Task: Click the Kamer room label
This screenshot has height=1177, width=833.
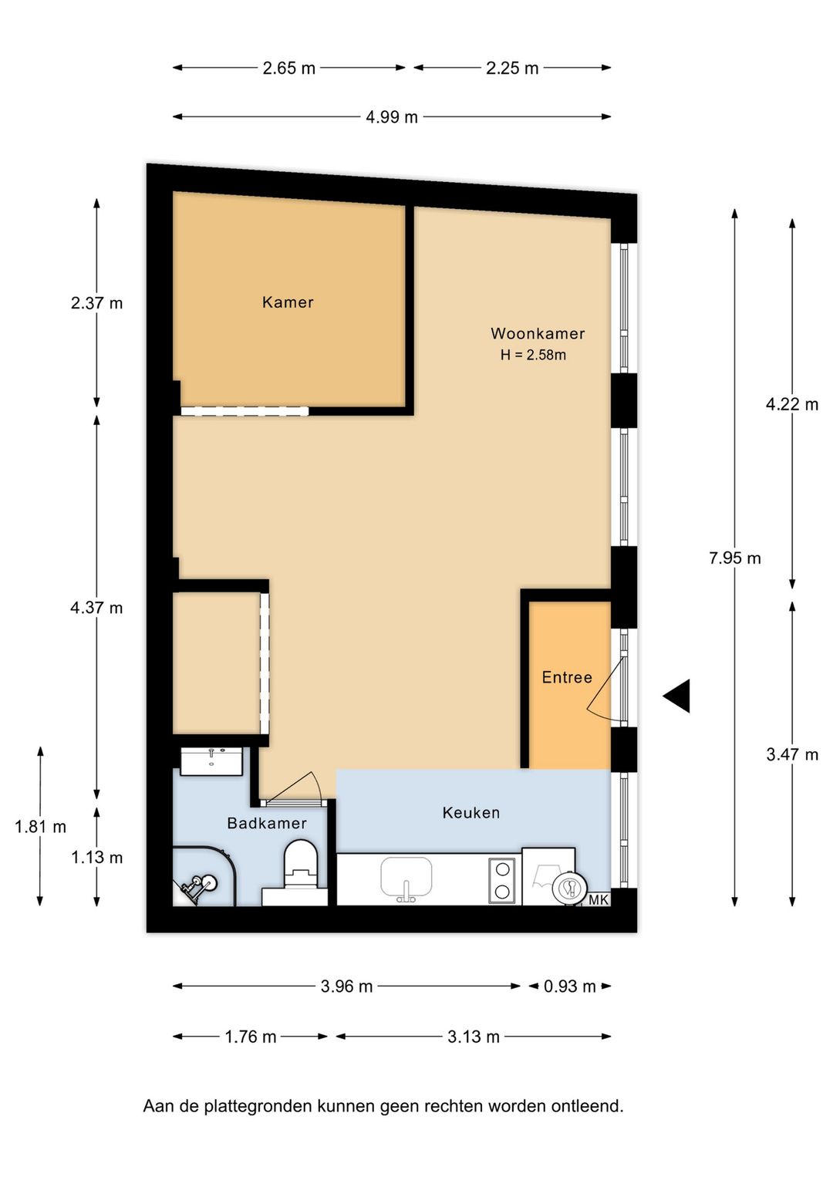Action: tap(288, 302)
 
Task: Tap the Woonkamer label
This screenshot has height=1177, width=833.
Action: tap(538, 333)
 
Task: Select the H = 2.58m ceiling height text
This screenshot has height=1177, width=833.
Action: tap(533, 355)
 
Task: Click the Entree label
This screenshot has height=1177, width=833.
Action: tap(567, 677)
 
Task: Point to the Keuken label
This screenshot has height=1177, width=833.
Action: tap(471, 813)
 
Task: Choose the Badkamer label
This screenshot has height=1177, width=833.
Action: tap(267, 823)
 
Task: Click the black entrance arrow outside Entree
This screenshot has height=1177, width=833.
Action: tap(676, 696)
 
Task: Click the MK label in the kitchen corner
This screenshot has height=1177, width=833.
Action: tap(598, 899)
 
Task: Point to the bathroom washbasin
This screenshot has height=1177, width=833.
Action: tap(211, 761)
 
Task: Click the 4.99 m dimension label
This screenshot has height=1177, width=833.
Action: tap(392, 116)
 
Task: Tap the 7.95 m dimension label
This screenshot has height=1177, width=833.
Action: tap(735, 558)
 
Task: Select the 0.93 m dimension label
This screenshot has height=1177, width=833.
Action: tap(570, 986)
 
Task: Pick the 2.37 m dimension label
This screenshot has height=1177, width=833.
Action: tap(96, 303)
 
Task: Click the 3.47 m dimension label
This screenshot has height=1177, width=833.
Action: tap(792, 754)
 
